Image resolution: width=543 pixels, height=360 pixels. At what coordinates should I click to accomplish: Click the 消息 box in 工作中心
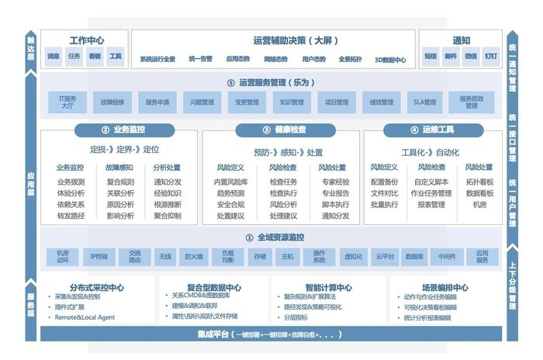pos(54,56)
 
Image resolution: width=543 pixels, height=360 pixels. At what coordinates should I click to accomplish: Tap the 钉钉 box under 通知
pos(491,56)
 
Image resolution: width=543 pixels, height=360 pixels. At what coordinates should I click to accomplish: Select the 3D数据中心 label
pos(389,59)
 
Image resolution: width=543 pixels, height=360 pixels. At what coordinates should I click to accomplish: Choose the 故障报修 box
pos(112,102)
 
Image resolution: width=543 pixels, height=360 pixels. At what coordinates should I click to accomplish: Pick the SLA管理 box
pos(426,102)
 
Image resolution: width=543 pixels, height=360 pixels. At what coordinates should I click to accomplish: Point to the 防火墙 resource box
pos(193,256)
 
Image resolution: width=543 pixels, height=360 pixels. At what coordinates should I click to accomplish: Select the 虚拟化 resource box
pos(352,256)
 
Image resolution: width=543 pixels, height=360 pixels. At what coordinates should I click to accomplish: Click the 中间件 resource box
pos(446,256)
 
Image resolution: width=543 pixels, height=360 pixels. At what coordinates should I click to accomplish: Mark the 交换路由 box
pos(134,256)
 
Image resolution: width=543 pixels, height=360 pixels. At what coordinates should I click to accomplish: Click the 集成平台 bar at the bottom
pos(271,334)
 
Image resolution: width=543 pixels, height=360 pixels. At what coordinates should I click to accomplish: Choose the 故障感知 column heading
pos(119,168)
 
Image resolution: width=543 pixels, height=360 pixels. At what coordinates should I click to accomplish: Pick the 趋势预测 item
pos(231,193)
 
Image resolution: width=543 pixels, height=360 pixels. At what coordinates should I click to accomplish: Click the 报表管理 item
pos(431,205)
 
